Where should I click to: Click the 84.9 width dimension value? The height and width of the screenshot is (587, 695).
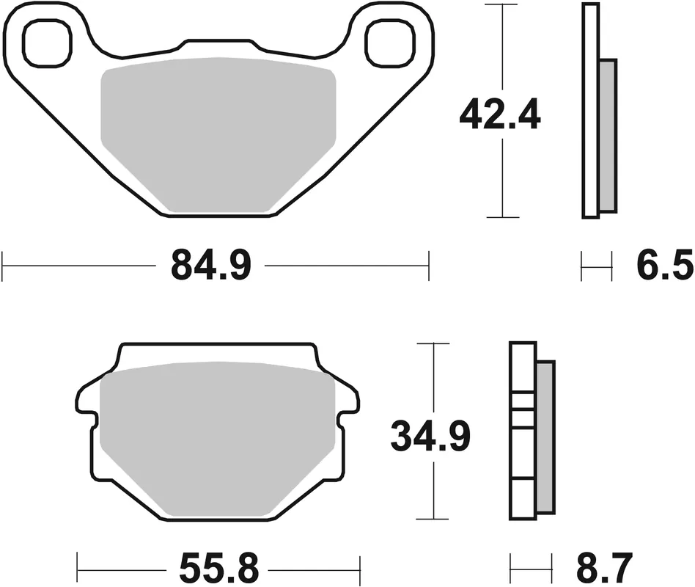(211, 265)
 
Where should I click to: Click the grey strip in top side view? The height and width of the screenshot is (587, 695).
(606, 136)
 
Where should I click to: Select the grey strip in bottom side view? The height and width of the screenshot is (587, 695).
(545, 437)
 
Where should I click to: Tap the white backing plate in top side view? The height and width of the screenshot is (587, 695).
(590, 110)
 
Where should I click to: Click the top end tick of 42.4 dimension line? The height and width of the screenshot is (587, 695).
(502, 4)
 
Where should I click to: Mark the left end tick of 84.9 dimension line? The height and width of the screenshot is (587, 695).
(4, 266)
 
